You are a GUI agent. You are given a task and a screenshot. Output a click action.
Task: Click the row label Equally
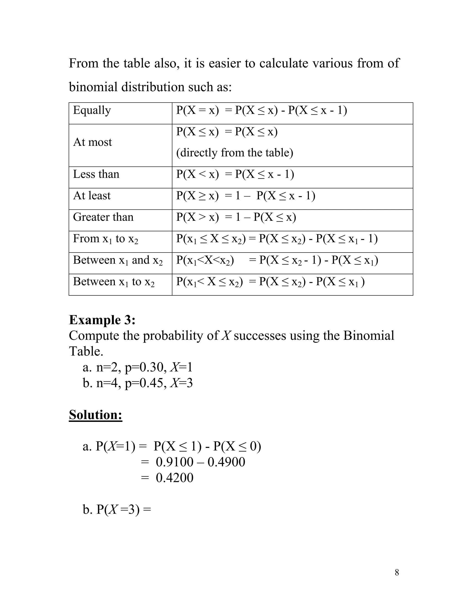coord(92,110)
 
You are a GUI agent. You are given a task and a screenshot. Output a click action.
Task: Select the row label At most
coord(92,142)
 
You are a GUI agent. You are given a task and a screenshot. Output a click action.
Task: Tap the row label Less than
coord(96,174)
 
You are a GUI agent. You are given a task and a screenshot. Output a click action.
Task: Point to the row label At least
coord(92,196)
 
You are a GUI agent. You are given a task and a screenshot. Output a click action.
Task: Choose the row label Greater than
coord(103,217)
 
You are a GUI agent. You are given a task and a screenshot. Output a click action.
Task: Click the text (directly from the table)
coord(234,153)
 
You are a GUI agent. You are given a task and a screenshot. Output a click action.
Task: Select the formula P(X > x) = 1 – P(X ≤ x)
coord(236,217)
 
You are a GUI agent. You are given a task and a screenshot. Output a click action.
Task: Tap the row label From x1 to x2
coord(105,239)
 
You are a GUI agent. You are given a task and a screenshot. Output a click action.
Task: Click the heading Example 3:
coord(102,320)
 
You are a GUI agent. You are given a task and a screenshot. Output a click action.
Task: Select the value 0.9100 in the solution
coord(174,462)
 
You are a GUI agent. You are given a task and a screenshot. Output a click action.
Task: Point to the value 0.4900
coord(226,462)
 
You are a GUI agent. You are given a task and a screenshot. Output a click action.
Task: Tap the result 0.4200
coord(174,478)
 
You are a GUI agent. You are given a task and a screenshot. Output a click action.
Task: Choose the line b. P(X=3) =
coord(117,509)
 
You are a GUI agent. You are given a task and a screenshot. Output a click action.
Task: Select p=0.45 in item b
coord(144,383)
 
